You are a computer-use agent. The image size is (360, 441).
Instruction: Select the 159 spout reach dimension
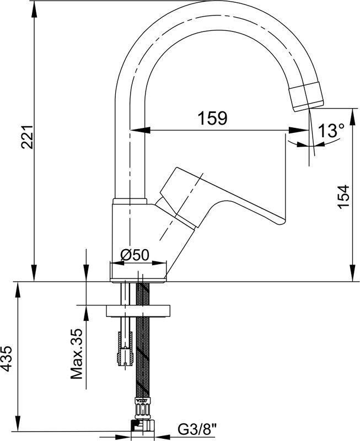point(212,118)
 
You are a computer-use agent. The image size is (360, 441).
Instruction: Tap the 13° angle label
point(331,131)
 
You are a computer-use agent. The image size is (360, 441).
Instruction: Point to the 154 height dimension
point(343,196)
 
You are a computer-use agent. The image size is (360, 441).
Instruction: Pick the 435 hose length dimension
point(7,359)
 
